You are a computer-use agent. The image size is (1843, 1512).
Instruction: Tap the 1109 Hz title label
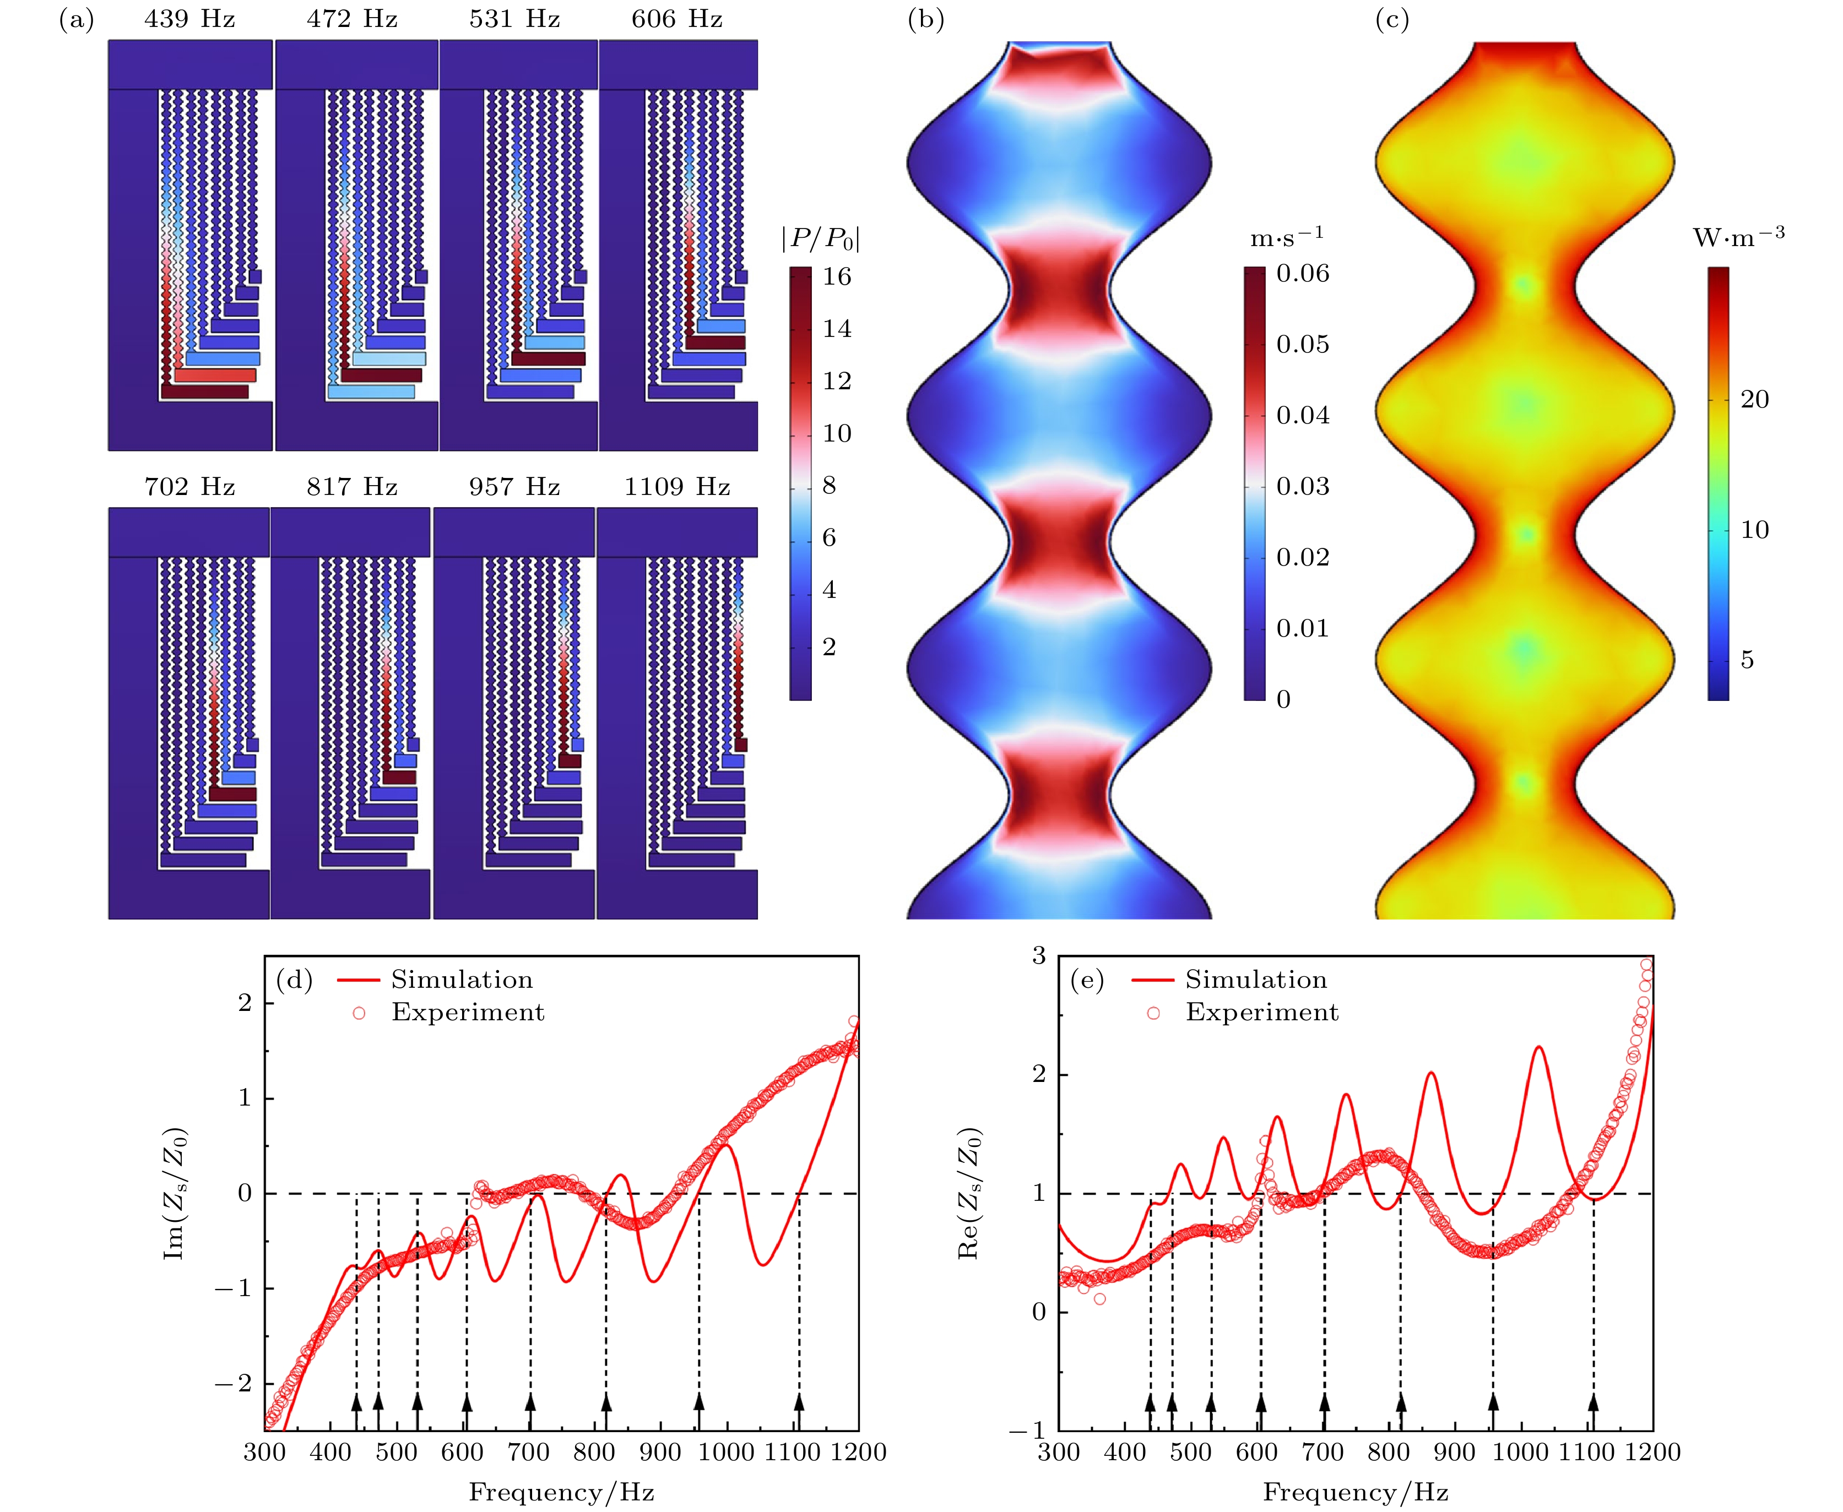pyautogui.click(x=676, y=487)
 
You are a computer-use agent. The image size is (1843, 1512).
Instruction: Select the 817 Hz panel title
pyautogui.click(x=351, y=487)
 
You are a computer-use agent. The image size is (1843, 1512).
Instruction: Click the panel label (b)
pyautogui.click(x=925, y=20)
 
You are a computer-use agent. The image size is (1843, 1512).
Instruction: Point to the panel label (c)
pyautogui.click(x=1392, y=20)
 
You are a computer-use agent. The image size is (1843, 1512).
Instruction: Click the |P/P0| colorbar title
pyautogui.click(x=820, y=238)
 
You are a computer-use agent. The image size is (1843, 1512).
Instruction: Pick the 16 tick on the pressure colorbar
pyautogui.click(x=837, y=277)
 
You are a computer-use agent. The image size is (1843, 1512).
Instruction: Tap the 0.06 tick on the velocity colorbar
pyautogui.click(x=1303, y=274)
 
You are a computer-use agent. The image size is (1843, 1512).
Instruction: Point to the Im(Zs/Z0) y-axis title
pyautogui.click(x=174, y=1193)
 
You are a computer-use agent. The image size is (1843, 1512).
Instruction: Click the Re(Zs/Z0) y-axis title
pyautogui.click(x=968, y=1193)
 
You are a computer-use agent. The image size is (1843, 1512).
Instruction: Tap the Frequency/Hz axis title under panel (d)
pyautogui.click(x=561, y=1493)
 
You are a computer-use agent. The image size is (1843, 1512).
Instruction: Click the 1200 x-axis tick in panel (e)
pyautogui.click(x=1652, y=1453)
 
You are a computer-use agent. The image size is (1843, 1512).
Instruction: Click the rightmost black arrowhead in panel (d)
pyautogui.click(x=798, y=1401)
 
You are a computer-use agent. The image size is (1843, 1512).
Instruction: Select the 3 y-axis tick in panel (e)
pyautogui.click(x=1039, y=957)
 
